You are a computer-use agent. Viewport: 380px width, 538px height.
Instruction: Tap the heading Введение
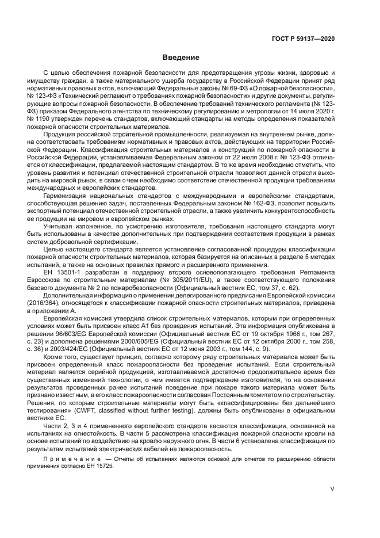tap(180, 58)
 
